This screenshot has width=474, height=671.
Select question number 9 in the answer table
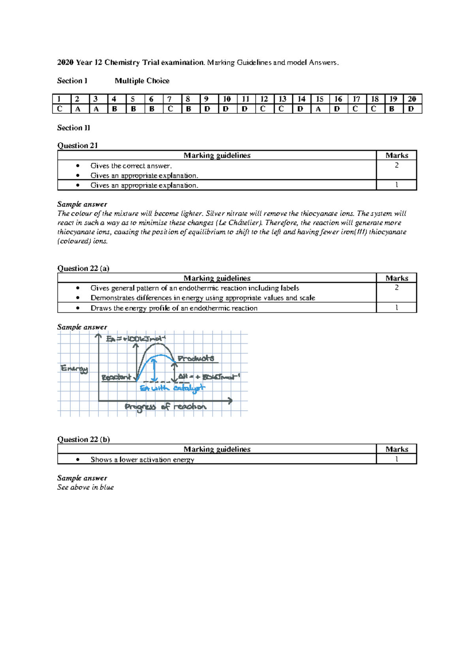pos(207,99)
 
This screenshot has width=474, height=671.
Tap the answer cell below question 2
pos(78,109)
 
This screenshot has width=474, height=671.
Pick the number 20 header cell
pos(412,99)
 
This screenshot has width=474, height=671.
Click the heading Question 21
pos(77,145)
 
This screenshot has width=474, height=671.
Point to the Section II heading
pos(73,128)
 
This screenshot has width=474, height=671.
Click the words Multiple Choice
pos(142,81)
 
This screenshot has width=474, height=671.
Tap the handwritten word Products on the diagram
pos(196,358)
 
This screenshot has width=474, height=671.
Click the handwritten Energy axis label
pos(74,369)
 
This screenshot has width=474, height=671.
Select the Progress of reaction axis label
pos(166,407)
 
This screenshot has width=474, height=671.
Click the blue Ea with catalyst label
pos(173,388)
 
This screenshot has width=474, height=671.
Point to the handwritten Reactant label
pos(116,377)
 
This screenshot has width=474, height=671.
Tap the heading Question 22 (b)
pos(83,439)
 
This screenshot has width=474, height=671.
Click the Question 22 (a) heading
pos(83,268)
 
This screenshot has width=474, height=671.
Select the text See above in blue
pos(85,487)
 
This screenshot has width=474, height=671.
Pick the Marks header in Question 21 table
pos(397,155)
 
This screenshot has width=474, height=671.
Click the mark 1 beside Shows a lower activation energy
pos(397,459)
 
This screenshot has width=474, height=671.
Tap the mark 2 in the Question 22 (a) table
pos(397,288)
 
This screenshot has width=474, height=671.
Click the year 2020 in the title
pos(65,62)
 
